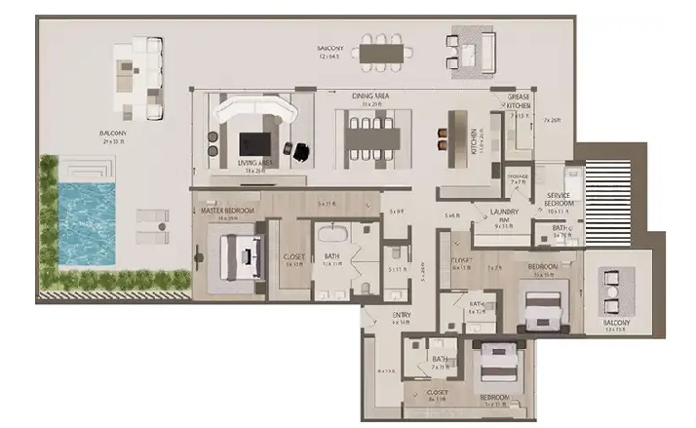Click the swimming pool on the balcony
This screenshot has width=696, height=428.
87,223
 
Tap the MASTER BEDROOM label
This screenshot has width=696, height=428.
227,209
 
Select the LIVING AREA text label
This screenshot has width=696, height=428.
255,163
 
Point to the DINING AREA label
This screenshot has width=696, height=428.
371,96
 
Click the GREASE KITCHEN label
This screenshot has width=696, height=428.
519,103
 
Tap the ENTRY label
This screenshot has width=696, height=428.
402,315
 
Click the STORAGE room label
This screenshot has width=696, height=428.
519,177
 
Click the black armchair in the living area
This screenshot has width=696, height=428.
301,151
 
